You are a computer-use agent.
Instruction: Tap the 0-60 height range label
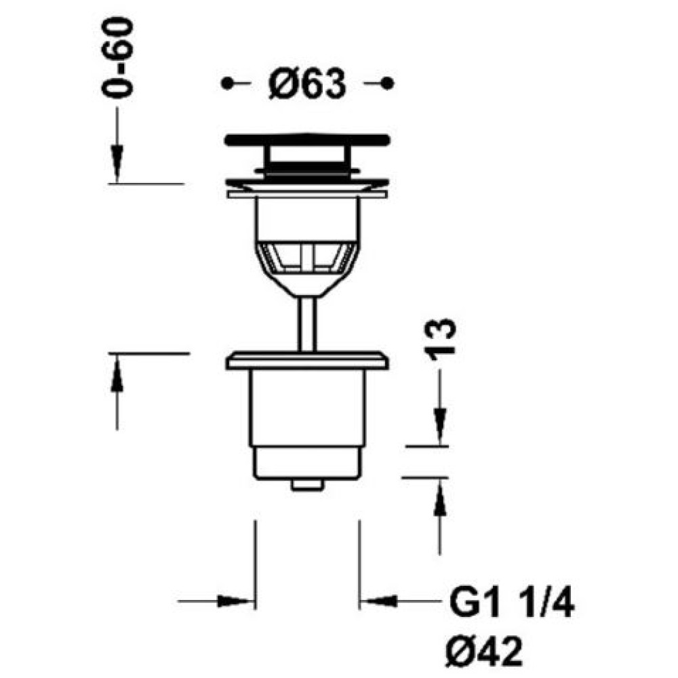pos(117,58)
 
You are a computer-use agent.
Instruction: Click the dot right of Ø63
pos(387,83)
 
